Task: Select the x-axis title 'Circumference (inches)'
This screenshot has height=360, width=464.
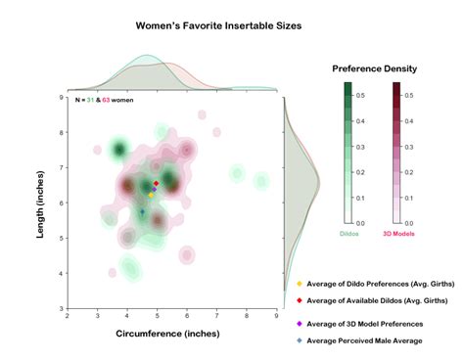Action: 172,334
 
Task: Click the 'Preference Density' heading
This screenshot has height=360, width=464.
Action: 374,69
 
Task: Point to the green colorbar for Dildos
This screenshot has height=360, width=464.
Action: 348,153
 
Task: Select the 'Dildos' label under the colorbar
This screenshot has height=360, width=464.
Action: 348,234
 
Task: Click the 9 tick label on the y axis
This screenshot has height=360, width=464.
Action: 61,97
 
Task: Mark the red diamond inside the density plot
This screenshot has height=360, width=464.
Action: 156,184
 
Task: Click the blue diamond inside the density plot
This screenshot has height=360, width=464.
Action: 142,211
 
